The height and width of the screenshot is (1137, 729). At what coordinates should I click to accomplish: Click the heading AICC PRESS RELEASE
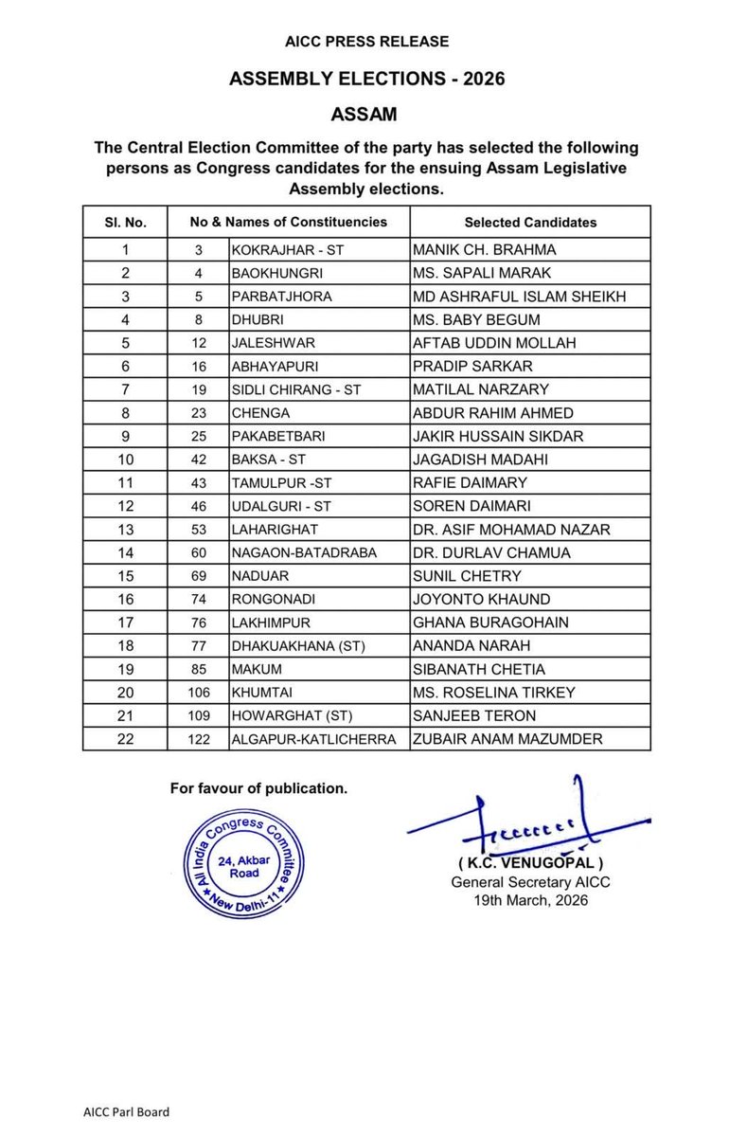pos(366,42)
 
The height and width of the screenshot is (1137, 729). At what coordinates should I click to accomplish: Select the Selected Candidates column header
pos(530,223)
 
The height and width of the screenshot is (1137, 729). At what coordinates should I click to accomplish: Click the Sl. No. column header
pos(125,223)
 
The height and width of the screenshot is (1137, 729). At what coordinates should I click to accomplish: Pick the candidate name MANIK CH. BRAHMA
pos(484,250)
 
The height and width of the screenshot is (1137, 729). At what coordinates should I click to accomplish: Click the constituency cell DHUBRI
pos(257,320)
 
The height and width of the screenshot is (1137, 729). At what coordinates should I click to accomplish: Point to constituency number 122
pos(198,740)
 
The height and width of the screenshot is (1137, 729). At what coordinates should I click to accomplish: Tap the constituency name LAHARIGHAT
pos(274,530)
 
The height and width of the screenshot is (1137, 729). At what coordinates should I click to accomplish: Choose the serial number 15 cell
pos(125,576)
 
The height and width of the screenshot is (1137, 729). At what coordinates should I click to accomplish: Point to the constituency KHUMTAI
pos(260,693)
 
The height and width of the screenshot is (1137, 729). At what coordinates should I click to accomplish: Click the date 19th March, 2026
pos(530,899)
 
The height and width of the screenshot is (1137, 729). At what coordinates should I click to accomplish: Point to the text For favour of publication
pos(258,787)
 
